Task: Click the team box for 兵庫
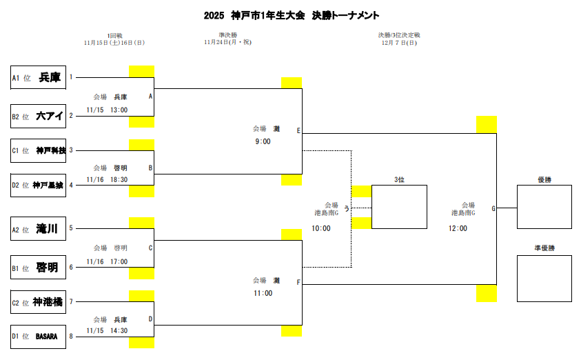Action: point(39,78)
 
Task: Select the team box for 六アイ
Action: point(39,116)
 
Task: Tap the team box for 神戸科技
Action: point(39,150)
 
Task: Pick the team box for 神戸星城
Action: point(39,185)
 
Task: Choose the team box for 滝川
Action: point(39,229)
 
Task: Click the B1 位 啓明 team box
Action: point(39,267)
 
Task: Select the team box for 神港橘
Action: point(39,302)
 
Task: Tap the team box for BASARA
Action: point(39,337)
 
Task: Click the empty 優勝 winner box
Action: point(544,206)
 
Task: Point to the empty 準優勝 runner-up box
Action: point(544,278)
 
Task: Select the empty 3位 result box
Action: point(399,207)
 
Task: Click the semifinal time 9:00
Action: point(263,141)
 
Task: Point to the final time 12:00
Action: point(458,228)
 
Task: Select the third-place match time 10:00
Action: point(321,228)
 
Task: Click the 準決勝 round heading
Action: point(227,34)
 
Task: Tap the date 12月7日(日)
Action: point(399,43)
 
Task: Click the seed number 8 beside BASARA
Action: point(70,336)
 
